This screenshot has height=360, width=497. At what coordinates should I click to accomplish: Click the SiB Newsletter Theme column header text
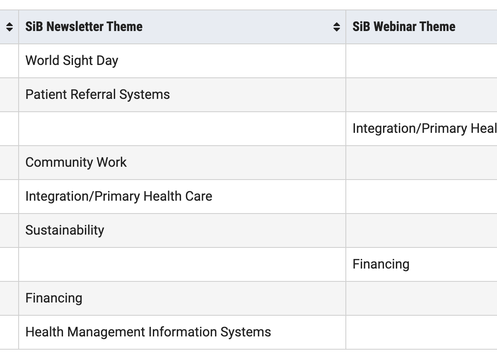(x=84, y=26)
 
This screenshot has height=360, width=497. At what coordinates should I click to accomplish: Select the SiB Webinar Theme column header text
(x=404, y=26)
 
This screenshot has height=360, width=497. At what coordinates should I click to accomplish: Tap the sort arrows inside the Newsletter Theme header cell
(x=337, y=27)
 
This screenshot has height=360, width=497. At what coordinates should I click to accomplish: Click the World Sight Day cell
(x=72, y=61)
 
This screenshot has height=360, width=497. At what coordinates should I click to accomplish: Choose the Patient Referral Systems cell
(x=98, y=95)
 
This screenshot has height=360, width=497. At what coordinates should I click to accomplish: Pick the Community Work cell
(x=76, y=163)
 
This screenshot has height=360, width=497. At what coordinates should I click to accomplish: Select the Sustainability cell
(x=65, y=230)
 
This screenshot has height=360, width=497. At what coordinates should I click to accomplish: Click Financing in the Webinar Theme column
(x=381, y=264)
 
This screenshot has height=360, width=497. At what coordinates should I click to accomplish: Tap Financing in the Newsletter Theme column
(x=54, y=298)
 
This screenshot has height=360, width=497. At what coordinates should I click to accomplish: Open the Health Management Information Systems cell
(x=148, y=332)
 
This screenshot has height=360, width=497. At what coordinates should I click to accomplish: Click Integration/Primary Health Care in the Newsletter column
(x=119, y=197)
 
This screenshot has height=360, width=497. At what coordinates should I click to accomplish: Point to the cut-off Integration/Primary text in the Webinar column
(x=425, y=129)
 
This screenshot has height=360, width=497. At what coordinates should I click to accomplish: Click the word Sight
(x=78, y=61)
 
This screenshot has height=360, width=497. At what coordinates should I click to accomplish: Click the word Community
(x=59, y=163)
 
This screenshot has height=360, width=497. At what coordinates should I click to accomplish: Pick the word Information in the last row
(x=183, y=332)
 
